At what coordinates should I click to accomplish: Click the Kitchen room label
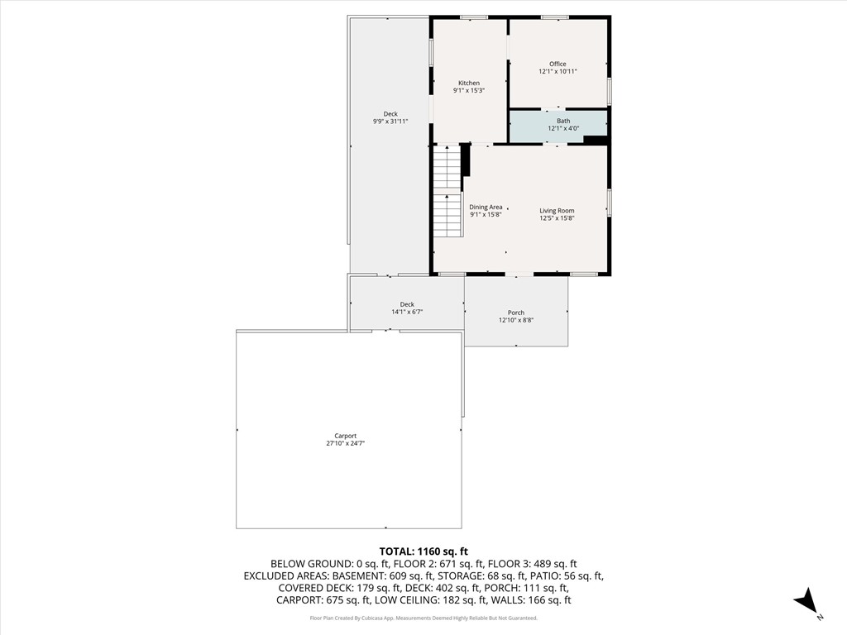pos(469,83)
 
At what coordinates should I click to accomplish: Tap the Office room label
pos(557,64)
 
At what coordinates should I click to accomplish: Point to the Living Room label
pos(557,211)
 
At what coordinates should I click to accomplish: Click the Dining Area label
pos(486,208)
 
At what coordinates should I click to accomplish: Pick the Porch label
pos(516,313)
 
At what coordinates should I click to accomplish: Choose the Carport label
pos(345,436)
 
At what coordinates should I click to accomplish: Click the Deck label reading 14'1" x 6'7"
pos(407,304)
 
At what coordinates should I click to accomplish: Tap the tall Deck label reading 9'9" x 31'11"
pos(390,114)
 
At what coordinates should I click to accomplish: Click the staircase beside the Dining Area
pos(447,191)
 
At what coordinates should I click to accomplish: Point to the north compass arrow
pos(806,602)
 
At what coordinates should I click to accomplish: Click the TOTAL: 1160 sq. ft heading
pos(423,551)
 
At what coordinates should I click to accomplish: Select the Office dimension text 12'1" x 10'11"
pos(557,72)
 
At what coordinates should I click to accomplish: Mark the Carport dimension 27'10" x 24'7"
pos(345,444)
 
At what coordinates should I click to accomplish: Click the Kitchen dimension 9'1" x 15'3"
pos(469,91)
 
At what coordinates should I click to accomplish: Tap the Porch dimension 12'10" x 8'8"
pos(516,321)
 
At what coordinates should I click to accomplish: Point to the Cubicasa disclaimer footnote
pos(423,618)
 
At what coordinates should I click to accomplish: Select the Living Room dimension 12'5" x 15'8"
pos(557,218)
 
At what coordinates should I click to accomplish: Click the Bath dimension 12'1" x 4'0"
pos(563,129)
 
